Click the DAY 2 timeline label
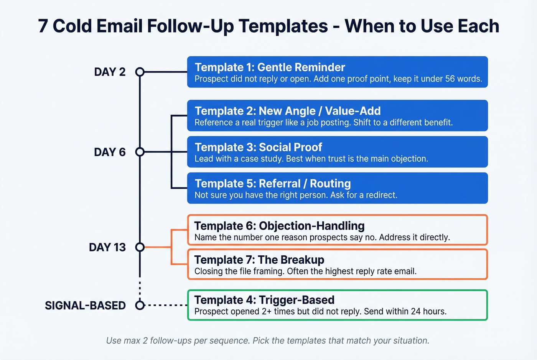(110, 72)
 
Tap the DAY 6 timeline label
(110, 152)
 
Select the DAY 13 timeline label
(107, 247)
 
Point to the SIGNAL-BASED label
(85, 306)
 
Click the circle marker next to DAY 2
(140, 72)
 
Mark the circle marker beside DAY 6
(140, 152)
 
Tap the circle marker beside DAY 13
(140, 247)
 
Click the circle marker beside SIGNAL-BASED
(140, 306)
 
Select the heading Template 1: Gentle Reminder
(270, 67)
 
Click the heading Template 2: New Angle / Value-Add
(287, 111)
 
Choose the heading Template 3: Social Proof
(258, 147)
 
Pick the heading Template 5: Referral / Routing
(272, 184)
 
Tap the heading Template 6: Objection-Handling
(279, 226)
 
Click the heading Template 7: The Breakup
(259, 260)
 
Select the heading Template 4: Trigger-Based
(264, 300)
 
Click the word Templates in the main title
(283, 26)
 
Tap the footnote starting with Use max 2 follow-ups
(268, 340)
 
